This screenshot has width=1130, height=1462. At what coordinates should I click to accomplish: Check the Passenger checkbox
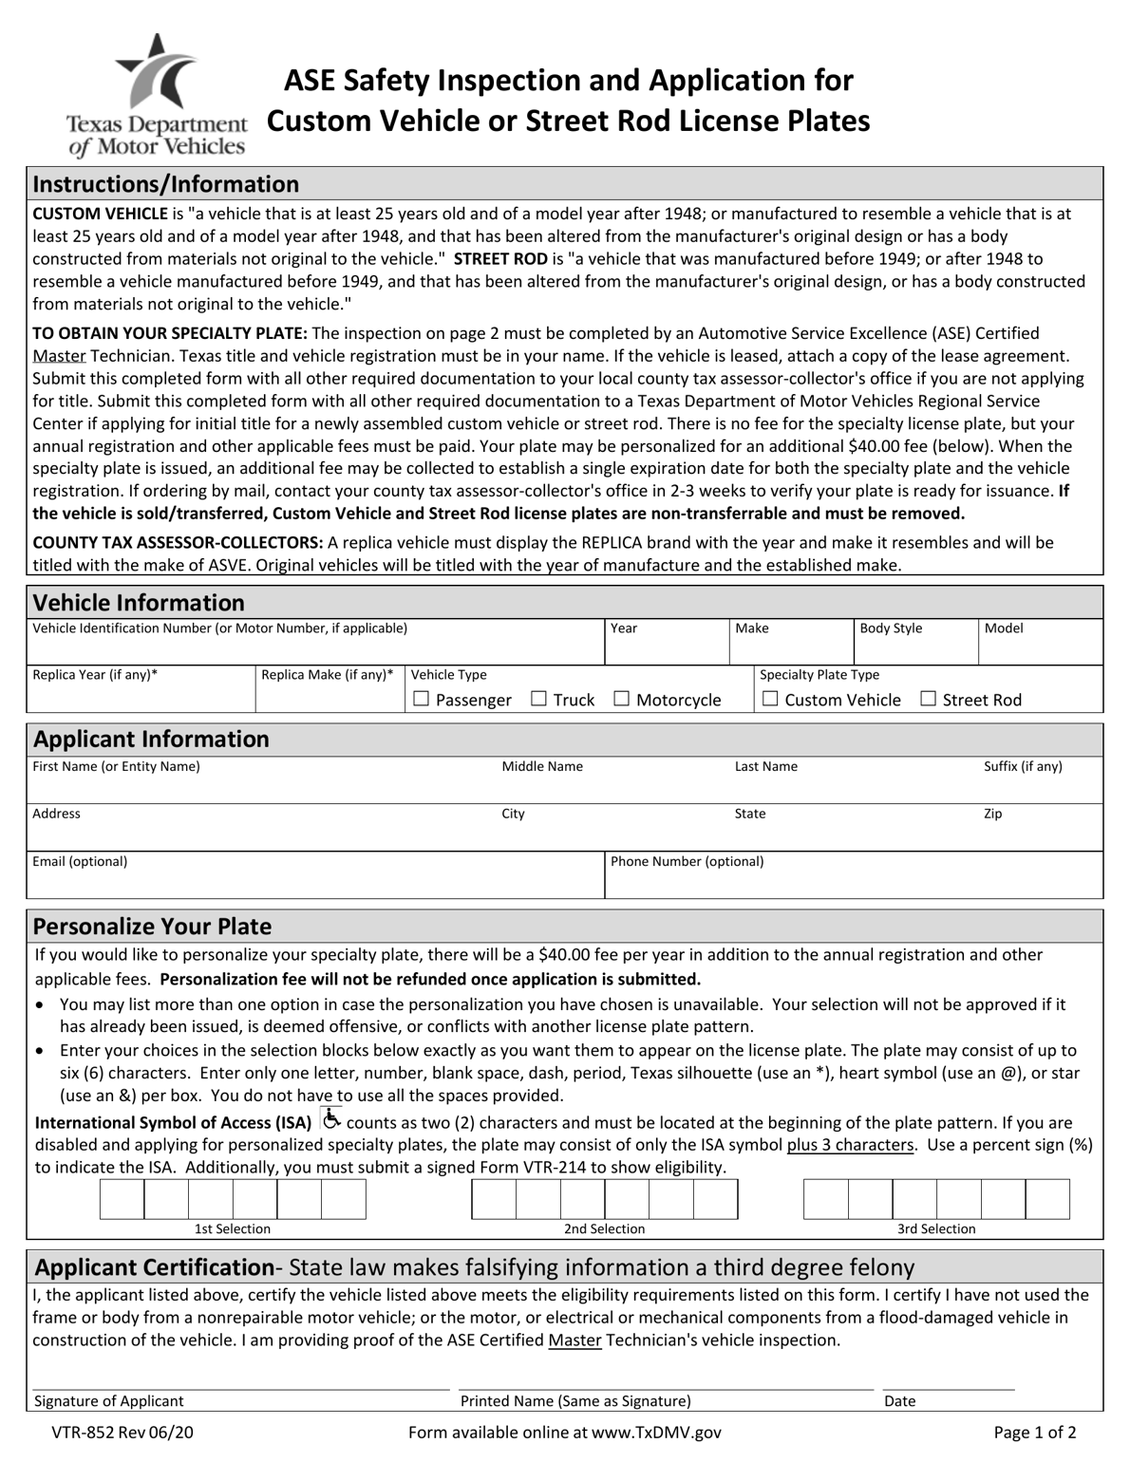pos(422,699)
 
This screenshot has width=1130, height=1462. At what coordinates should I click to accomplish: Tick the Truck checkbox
pos(538,699)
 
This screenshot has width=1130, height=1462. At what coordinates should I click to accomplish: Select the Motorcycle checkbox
pos(622,699)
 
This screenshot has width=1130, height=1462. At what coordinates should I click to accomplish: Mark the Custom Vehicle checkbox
pos(770,699)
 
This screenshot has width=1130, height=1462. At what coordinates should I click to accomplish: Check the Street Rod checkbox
pos(929,699)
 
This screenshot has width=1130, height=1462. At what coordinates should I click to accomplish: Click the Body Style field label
pos(891,628)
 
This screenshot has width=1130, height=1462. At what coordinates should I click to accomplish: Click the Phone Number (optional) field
pos(853,884)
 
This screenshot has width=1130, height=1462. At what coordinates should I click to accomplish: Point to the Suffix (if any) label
pos(1023,766)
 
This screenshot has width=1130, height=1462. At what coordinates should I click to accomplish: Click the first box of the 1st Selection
pos(122,1199)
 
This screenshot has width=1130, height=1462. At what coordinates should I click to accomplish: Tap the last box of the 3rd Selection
pos(1047,1199)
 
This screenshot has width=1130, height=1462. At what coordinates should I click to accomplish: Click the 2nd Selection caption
pos(604,1229)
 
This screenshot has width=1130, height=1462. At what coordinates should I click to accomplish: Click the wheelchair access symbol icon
pos(330,1119)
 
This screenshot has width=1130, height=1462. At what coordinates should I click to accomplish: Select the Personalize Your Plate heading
pos(152,927)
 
